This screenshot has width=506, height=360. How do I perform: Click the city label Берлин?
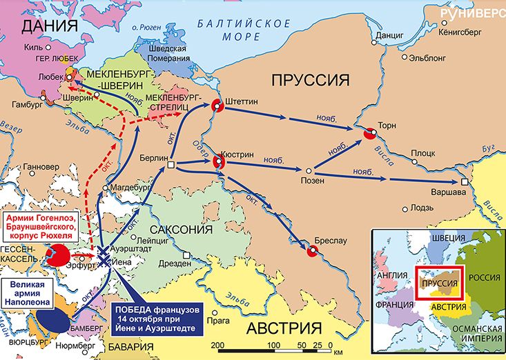click(x=146, y=157)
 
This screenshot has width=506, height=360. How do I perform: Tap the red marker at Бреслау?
click(x=311, y=251)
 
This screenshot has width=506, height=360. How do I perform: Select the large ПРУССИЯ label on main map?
click(x=309, y=78)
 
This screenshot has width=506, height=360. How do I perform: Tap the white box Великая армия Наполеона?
click(x=30, y=292)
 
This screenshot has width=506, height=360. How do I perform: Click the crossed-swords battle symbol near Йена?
click(x=104, y=255)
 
